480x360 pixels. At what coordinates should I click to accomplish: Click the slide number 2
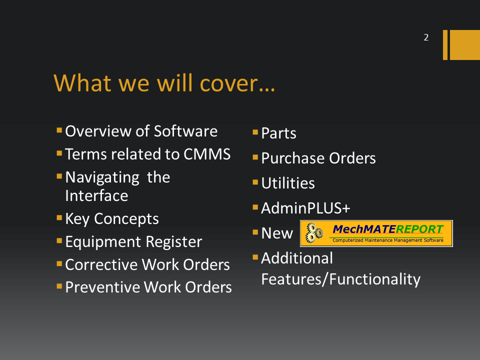pos(426,37)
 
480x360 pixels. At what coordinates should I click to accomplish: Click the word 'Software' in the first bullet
pos(185,131)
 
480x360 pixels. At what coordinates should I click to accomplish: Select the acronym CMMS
pos(207,154)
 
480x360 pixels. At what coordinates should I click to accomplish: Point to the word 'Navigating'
pos(102,178)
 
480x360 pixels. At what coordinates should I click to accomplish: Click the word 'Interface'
pos(96,195)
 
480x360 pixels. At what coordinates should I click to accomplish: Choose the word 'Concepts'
pos(126,219)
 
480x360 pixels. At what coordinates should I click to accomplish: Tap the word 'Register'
pos(174,242)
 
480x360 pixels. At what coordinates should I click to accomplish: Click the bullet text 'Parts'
pos(278,133)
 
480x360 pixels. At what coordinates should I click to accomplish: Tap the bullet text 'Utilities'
pos(288,183)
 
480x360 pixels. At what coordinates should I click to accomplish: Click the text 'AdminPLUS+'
pos(305,208)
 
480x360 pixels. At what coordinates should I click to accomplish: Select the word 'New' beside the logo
pos(277,233)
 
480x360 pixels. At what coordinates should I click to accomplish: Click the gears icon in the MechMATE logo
pos(314,233)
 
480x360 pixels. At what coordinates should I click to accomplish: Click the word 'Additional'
pos(297,258)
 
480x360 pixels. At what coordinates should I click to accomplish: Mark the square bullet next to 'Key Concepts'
pos(59,218)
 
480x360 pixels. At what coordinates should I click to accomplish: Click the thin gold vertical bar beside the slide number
pos(445,44)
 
